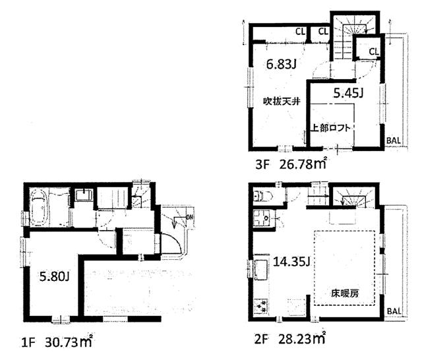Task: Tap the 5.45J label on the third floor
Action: coord(348,93)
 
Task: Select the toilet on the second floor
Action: coord(260,195)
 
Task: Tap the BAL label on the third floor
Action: coord(394,140)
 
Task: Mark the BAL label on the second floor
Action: coord(394,311)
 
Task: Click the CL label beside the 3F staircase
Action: coord(373,51)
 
